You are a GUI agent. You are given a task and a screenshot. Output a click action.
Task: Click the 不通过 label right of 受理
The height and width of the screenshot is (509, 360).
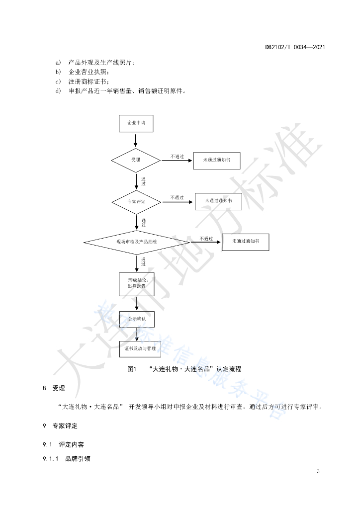pyautogui.click(x=177, y=157)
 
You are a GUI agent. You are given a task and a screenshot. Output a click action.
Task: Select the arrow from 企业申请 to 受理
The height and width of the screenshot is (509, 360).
pyautogui.click(x=136, y=140)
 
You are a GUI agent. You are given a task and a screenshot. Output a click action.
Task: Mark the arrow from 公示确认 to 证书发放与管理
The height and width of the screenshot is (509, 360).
pyautogui.click(x=137, y=334)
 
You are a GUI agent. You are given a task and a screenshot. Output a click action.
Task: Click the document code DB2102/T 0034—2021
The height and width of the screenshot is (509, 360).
pyautogui.click(x=295, y=47)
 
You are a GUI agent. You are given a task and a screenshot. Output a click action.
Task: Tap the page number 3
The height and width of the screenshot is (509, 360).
pyautogui.click(x=318, y=471)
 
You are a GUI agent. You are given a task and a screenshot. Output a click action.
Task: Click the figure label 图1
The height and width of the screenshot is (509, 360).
pyautogui.click(x=132, y=369)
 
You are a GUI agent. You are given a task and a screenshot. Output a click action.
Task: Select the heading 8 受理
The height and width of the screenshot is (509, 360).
pyautogui.click(x=54, y=388)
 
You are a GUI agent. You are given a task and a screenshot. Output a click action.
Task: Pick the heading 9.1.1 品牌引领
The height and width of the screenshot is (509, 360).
pyautogui.click(x=67, y=459)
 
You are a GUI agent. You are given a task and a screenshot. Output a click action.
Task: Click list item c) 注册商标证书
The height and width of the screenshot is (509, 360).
pyautogui.click(x=82, y=82)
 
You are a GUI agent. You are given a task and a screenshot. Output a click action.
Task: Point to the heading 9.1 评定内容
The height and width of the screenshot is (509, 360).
pyautogui.click(x=63, y=445)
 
